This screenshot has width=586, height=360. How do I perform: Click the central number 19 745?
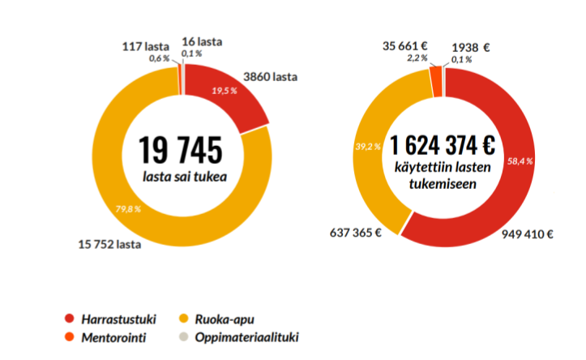tap(179, 149)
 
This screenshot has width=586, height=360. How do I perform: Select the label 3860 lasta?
tap(271, 77)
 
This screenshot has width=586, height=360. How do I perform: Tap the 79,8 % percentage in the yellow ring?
tap(127, 208)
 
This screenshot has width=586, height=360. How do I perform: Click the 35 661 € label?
tap(405, 46)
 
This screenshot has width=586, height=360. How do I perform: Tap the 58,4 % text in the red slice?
tap(520, 161)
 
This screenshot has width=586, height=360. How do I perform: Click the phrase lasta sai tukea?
tap(179, 174)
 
